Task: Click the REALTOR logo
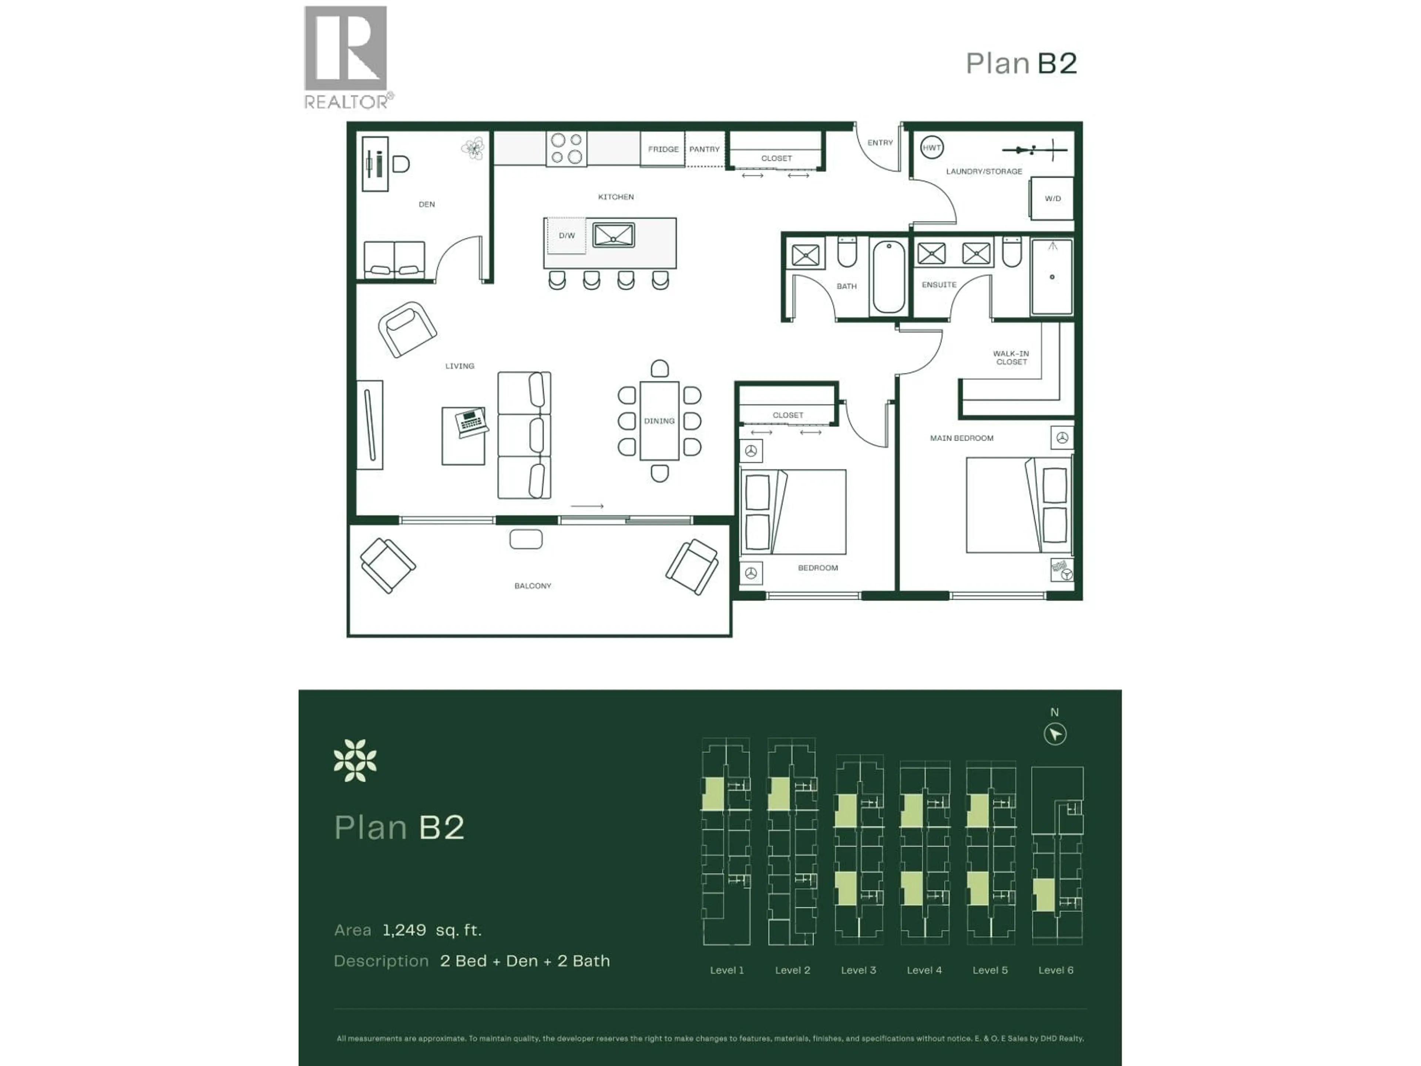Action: point(347,57)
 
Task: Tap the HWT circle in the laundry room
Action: point(931,148)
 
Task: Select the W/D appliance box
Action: point(1052,198)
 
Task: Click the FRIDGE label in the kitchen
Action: point(663,149)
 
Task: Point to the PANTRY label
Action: point(704,149)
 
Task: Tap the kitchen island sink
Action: point(614,235)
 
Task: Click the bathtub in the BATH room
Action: point(889,277)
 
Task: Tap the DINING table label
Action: point(659,421)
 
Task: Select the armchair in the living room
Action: point(407,329)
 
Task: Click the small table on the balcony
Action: point(525,539)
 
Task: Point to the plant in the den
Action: point(473,149)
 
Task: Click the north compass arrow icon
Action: point(1055,734)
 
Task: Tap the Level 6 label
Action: point(1055,970)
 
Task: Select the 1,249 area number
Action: point(404,930)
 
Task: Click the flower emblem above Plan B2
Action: point(355,761)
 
